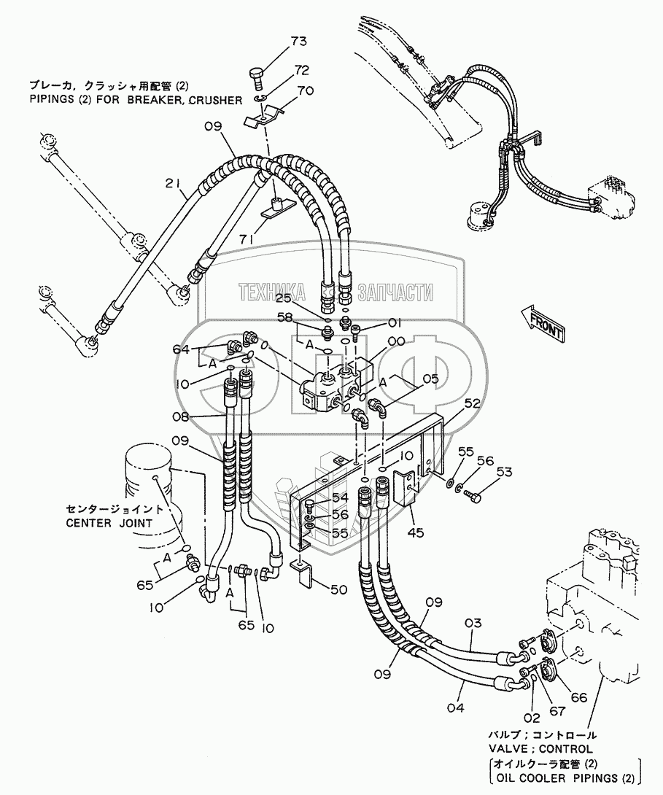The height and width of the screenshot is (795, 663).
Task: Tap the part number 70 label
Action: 305,91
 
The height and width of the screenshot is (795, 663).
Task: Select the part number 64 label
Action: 182,349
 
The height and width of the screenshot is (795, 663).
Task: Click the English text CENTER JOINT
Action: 109,522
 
